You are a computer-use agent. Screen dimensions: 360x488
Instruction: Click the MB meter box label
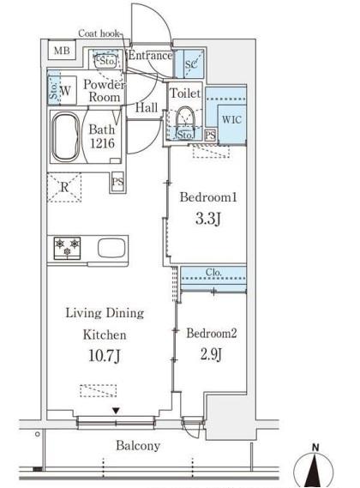pos(62,50)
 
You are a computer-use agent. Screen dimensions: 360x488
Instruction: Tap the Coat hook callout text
pos(99,33)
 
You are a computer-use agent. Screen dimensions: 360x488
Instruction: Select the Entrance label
pos(150,56)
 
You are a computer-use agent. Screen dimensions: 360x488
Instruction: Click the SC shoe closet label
pos(191,64)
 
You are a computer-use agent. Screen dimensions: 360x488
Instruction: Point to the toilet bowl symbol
pos(185,118)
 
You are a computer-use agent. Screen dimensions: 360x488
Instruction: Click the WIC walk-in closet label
pos(231,119)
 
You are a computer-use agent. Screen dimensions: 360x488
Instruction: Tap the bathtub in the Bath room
pos(65,137)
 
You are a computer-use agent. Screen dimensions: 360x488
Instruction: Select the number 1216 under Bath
pos(102,143)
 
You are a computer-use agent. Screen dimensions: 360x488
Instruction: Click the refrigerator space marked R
pos(64,188)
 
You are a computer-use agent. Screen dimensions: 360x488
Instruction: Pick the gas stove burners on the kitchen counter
pos(67,248)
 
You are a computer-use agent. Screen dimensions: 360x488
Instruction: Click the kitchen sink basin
pos(111,248)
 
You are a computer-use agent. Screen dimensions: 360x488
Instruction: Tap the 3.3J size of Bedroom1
pos(208,219)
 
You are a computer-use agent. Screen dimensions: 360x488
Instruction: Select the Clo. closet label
pos(213,273)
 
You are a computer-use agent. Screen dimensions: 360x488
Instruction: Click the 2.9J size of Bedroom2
pos(211,354)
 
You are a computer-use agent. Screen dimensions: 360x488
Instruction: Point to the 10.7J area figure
pos(105,355)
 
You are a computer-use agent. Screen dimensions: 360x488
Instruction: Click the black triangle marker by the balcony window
pos(116,411)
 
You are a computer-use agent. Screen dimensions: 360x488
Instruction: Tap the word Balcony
pos(138,446)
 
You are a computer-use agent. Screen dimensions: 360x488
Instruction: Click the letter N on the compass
pos(315,448)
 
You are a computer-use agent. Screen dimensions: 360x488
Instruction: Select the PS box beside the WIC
pos(210,136)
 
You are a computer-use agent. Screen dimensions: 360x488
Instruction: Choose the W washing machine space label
pos(65,91)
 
